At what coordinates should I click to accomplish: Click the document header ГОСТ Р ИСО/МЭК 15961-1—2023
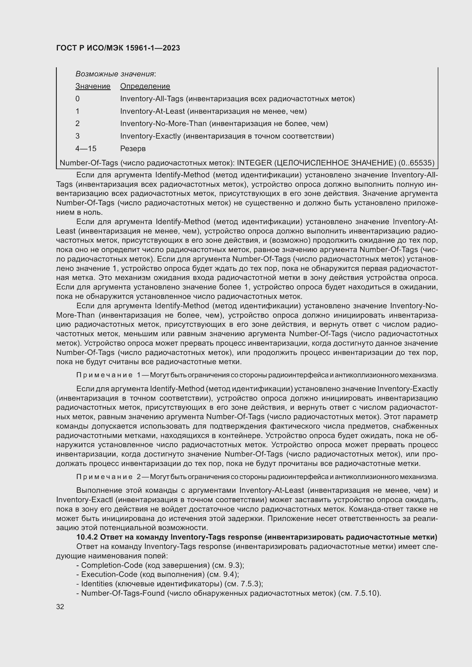tap(118, 48)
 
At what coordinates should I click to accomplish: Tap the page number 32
tap(60, 607)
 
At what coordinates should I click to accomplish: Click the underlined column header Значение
tap(93, 86)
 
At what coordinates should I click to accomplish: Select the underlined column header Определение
tap(145, 86)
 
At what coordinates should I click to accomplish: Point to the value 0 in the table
tap(77, 99)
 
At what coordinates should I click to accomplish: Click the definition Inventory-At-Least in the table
tap(152, 111)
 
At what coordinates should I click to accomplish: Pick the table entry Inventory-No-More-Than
tap(163, 124)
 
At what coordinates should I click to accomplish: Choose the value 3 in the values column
tap(77, 136)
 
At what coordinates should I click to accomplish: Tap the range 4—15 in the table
tap(86, 149)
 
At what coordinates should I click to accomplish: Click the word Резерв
tap(133, 149)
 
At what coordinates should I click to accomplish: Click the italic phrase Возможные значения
tap(114, 74)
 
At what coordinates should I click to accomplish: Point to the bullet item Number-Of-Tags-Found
tap(123, 593)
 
